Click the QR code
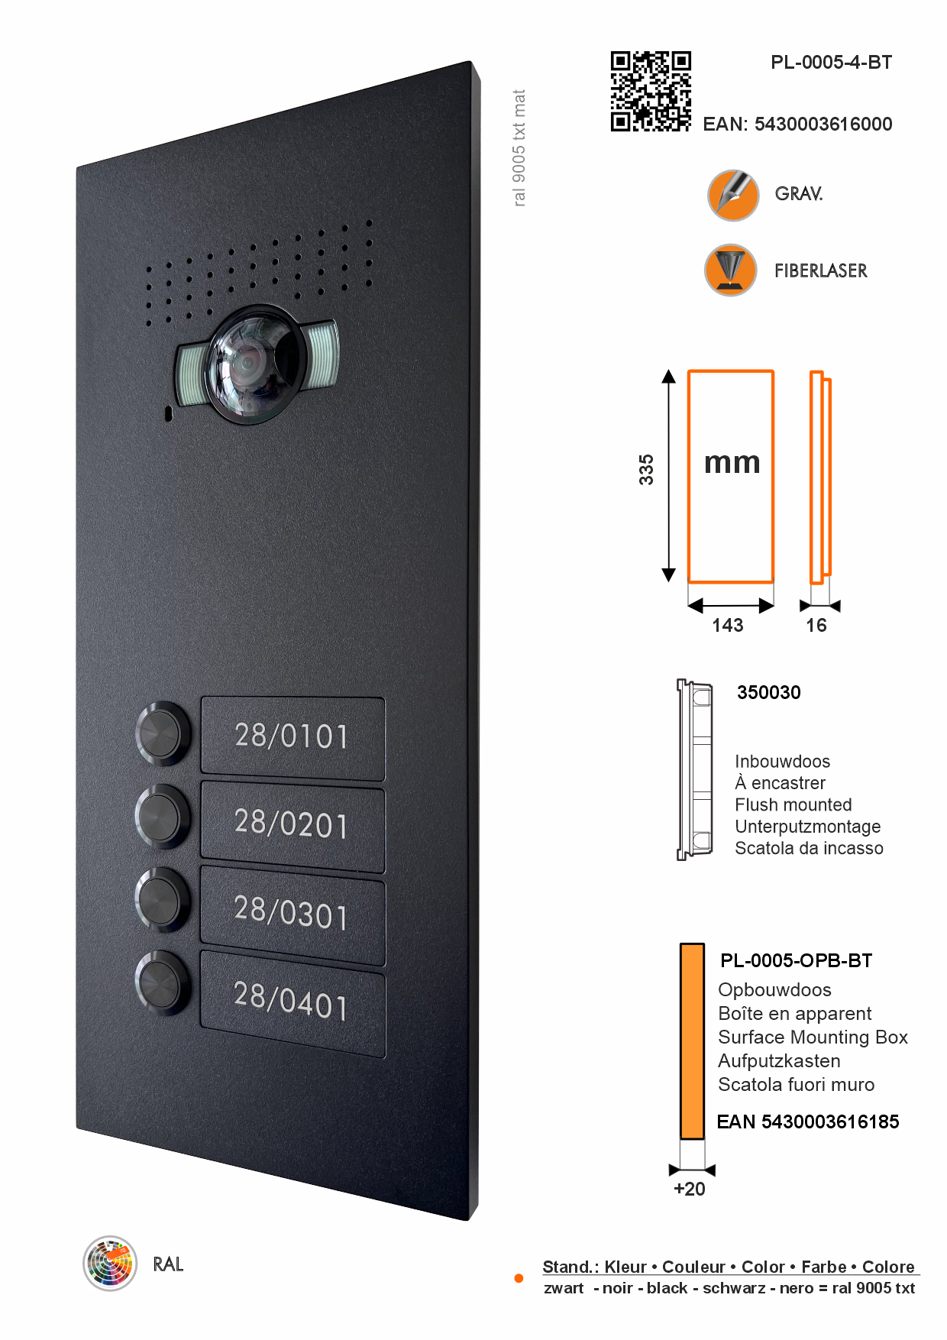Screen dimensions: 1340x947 tap(651, 92)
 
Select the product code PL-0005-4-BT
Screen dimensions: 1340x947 tap(831, 63)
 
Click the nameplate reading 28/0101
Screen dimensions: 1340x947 tap(293, 737)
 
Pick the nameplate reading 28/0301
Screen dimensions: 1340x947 tap(293, 914)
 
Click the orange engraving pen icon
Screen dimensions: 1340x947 tap(733, 195)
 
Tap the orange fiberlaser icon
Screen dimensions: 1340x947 tap(731, 270)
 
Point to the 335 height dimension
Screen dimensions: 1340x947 tap(646, 469)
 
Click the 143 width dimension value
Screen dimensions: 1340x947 tap(727, 626)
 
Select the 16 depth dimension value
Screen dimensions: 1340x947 tap(816, 626)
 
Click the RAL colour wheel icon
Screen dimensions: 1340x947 tap(110, 1263)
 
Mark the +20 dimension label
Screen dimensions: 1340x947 tap(690, 1189)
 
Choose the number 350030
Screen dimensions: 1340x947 tap(768, 693)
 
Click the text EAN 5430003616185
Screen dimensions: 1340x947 tap(807, 1122)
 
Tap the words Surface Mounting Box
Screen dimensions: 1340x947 tap(813, 1037)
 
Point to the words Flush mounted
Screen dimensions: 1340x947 tap(793, 805)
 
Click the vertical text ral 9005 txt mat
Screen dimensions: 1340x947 tap(519, 148)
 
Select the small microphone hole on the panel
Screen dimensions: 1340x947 tap(169, 414)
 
